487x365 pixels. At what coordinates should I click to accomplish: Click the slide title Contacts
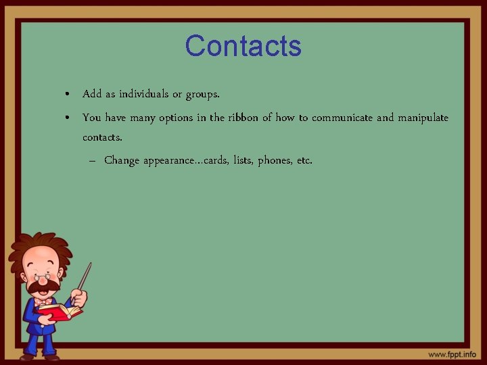pos(243,46)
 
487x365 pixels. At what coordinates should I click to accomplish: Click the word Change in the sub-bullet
pos(122,161)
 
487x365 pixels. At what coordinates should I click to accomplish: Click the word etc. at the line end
pos(304,161)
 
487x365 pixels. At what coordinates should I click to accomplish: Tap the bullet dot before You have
pos(69,118)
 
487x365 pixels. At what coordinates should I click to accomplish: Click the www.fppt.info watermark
pos(452,354)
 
